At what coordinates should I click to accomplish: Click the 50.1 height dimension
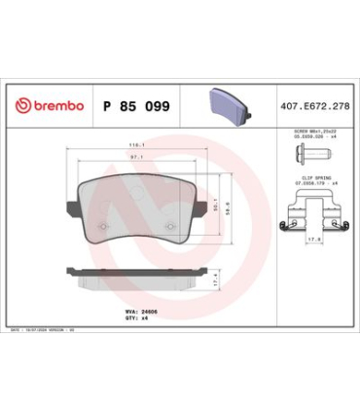pos(216,204)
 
